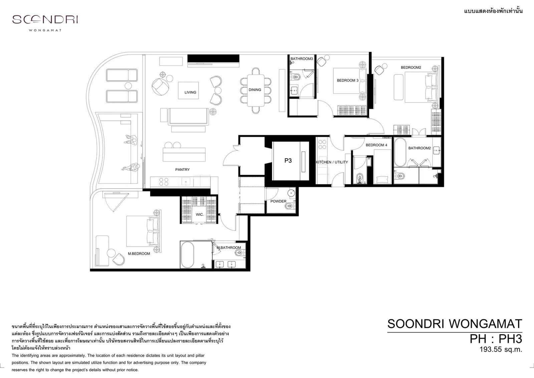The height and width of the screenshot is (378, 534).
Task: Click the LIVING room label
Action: [190, 92]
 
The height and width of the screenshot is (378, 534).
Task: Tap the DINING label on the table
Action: [255, 90]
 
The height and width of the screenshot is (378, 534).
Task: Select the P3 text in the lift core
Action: [288, 161]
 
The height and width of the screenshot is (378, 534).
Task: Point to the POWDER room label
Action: [278, 201]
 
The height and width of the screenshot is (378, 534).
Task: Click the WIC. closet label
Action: [200, 215]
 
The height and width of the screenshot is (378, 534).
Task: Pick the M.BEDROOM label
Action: [139, 254]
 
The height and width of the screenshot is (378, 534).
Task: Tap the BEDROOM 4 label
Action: [376, 145]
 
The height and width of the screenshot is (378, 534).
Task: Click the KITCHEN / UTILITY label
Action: [332, 162]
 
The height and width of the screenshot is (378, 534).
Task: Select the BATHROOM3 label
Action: [302, 59]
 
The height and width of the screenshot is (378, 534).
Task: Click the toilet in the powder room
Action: [290, 206]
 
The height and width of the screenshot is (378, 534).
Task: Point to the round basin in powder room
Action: [291, 193]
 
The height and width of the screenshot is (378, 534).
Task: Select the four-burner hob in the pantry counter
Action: [164, 182]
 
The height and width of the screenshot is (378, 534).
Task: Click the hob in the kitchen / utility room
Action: [322, 145]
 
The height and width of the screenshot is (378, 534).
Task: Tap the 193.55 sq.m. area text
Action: [501, 350]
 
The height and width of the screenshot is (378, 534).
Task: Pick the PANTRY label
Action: [182, 170]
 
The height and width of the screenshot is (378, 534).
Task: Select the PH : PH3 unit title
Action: [496, 339]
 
